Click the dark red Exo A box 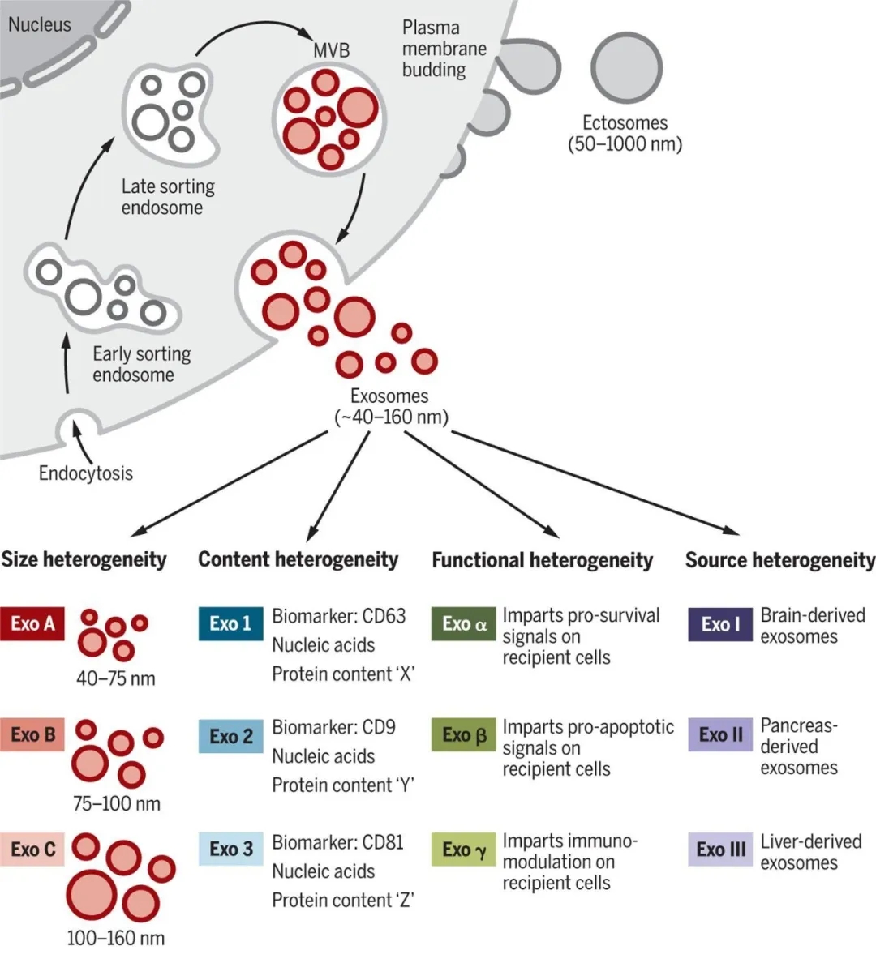point(32,623)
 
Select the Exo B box point(32,734)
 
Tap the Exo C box point(32,849)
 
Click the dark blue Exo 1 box point(230,623)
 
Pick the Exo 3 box point(230,849)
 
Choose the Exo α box point(463,623)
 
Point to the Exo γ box point(463,849)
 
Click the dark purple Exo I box point(719,624)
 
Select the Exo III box point(719,849)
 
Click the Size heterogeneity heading point(84,559)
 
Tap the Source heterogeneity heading point(780,560)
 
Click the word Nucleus point(40,24)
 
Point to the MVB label point(332,50)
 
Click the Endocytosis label point(85,473)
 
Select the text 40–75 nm point(115,678)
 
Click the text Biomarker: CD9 point(334,727)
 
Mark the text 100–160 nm point(115,939)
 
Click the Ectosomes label point(625,123)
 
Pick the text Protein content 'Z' point(343,901)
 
